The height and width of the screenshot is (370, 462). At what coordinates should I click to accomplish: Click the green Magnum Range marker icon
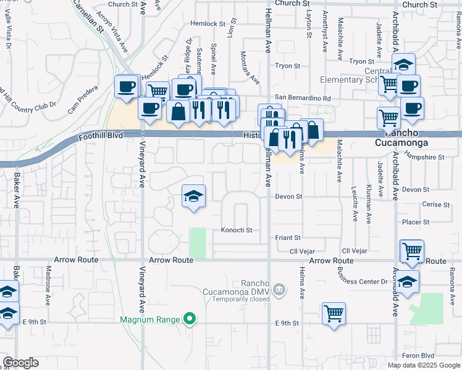click(x=190, y=319)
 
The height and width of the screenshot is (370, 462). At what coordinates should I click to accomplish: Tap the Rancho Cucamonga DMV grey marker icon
click(x=279, y=289)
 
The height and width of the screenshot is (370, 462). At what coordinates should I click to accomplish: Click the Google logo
click(x=20, y=363)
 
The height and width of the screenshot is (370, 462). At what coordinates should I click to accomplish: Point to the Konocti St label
click(x=237, y=230)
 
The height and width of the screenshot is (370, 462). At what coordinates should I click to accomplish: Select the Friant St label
click(x=287, y=237)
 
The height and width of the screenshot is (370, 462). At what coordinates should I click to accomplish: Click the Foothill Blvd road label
click(x=101, y=135)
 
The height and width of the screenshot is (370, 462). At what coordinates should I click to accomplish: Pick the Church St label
click(x=292, y=4)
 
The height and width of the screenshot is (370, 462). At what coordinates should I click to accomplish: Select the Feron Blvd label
click(x=419, y=356)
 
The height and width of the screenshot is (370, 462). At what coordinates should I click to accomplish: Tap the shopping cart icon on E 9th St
click(x=334, y=313)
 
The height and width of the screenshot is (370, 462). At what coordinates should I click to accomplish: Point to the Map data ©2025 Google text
click(x=423, y=365)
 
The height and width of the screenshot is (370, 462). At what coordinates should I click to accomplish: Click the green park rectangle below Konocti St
click(x=198, y=243)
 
